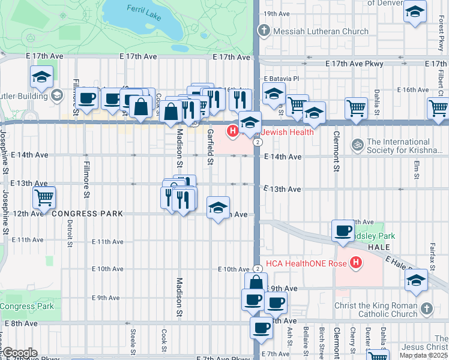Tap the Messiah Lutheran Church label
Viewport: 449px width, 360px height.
point(321,31)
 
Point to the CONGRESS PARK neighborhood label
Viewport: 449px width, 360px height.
point(87,214)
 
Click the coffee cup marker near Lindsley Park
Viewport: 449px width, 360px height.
point(343,232)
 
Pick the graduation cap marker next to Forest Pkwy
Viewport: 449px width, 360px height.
point(415,13)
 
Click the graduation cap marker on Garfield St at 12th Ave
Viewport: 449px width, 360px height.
point(217,209)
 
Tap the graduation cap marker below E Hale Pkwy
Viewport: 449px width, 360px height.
point(417,281)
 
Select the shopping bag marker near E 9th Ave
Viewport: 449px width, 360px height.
point(256,283)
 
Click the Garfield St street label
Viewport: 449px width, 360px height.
point(210,147)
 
